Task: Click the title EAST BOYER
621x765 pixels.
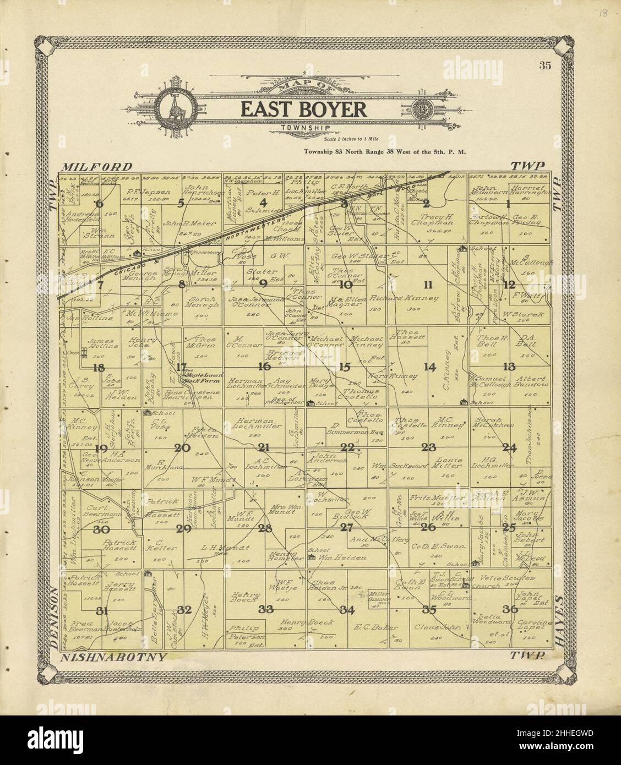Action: (x=303, y=109)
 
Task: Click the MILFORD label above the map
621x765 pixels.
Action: (x=97, y=166)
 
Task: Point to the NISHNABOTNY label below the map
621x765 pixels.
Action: (x=113, y=657)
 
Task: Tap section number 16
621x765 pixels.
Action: (x=265, y=365)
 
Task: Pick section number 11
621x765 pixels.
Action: (x=428, y=284)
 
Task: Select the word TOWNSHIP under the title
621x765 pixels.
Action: (x=297, y=128)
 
